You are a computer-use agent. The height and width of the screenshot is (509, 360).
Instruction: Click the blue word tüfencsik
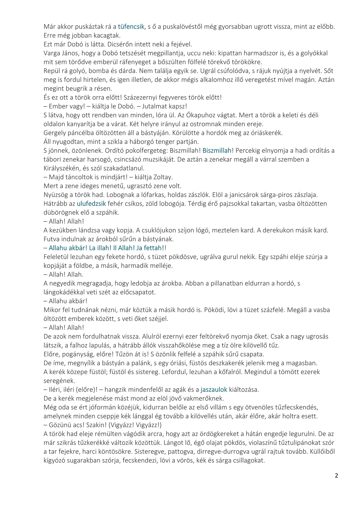(131, 27)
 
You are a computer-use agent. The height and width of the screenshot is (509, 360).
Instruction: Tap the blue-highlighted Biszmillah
(217, 150)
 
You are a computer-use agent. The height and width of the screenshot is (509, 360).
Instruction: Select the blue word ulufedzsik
(91, 204)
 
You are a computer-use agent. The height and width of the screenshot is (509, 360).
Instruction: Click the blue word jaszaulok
(214, 389)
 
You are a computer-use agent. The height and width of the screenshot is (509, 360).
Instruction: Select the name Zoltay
(163, 177)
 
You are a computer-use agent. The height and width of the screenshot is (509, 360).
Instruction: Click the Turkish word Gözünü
(60, 425)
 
